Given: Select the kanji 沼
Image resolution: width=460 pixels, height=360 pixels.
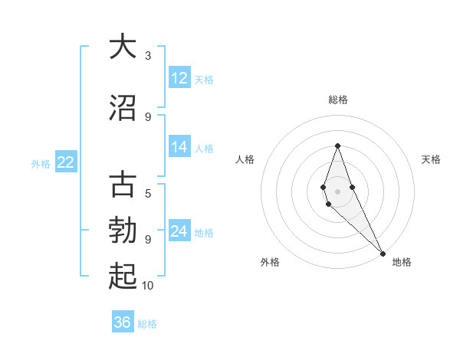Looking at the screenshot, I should [122, 107].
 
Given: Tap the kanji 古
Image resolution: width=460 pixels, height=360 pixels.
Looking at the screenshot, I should [122, 185].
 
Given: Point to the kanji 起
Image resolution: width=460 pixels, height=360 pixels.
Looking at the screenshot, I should [122, 277].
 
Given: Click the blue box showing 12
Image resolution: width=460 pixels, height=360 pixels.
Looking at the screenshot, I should [179, 78].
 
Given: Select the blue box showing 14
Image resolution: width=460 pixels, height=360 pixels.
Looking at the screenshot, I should [179, 147].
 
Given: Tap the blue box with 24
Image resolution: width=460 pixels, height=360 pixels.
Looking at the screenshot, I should [179, 231].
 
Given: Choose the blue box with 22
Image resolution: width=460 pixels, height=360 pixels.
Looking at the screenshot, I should [66, 162].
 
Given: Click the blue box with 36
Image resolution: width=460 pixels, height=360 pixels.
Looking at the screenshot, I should [123, 322].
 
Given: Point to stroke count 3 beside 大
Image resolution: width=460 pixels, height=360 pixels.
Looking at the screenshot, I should [148, 56].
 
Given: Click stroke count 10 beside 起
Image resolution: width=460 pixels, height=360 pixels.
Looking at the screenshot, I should [148, 286].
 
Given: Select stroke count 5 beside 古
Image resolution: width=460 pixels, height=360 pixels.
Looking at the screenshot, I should [148, 194].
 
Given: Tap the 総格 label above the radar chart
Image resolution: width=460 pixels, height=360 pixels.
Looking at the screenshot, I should [338, 100].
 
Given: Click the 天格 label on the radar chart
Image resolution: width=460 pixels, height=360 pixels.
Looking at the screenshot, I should [432, 159].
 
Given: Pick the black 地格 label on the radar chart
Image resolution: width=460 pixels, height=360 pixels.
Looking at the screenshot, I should [402, 262].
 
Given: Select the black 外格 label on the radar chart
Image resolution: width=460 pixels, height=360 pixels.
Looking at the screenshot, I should [270, 262].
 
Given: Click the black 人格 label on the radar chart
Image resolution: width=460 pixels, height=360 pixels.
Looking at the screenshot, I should [245, 159].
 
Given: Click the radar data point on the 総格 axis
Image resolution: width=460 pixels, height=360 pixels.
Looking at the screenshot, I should [337, 146].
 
